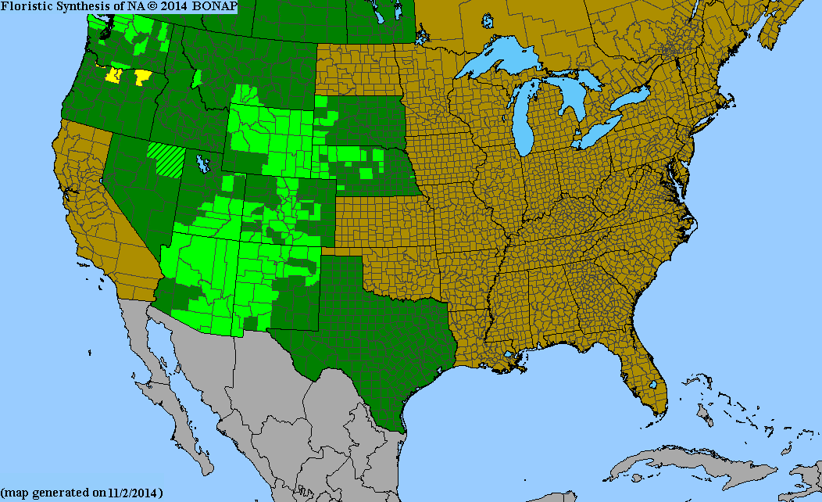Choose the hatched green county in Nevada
(x=168, y=159)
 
